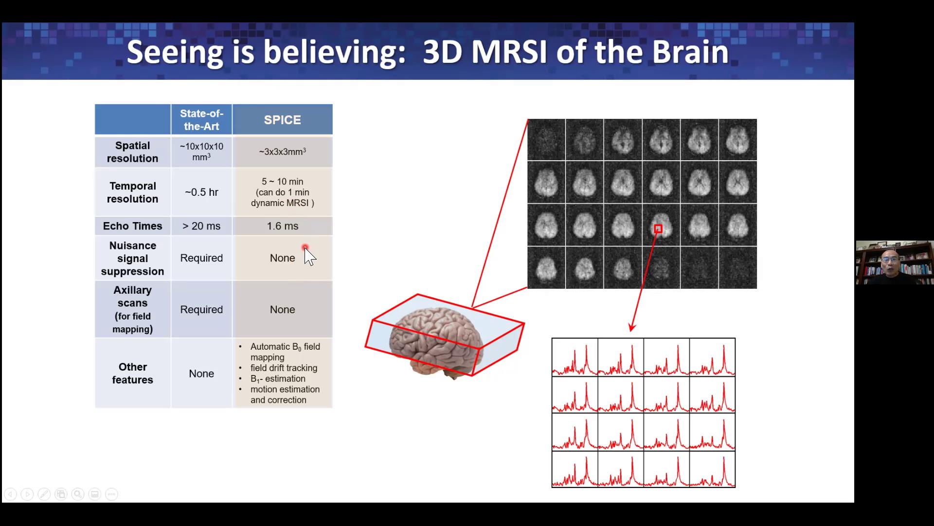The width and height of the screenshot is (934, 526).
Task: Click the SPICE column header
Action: click(x=282, y=120)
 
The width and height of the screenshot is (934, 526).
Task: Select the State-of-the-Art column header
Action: click(x=201, y=120)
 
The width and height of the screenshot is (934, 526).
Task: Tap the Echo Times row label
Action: click(x=132, y=226)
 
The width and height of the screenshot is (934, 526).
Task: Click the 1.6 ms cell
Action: click(x=282, y=226)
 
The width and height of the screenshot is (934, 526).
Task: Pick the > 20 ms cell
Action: click(x=201, y=226)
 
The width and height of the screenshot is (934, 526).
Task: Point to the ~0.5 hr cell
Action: click(x=201, y=192)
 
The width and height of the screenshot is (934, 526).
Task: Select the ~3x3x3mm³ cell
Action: click(x=282, y=152)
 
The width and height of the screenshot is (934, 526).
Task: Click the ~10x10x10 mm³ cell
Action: click(x=201, y=152)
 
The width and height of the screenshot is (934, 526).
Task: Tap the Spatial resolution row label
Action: click(x=132, y=152)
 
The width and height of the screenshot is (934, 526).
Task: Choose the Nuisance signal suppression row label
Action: click(x=132, y=259)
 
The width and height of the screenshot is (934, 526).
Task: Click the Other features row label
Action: click(x=132, y=374)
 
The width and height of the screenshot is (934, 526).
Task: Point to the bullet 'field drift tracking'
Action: click(x=284, y=368)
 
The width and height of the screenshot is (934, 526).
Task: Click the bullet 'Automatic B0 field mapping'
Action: click(x=285, y=352)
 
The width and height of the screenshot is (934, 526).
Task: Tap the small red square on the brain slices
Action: click(x=658, y=229)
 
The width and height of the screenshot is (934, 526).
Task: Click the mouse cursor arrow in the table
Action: click(x=309, y=256)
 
